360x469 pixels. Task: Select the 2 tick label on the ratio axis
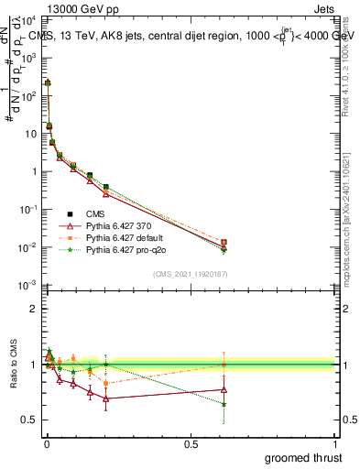pos(33,309)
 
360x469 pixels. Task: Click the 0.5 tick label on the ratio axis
pos(29,420)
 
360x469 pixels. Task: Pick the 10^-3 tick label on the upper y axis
pos(27,287)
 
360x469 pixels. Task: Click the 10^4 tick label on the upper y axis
pos(28,19)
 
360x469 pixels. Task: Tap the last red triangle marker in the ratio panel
pos(224,389)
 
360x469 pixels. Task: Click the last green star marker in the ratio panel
pos(224,404)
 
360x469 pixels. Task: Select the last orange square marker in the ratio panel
pos(224,365)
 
